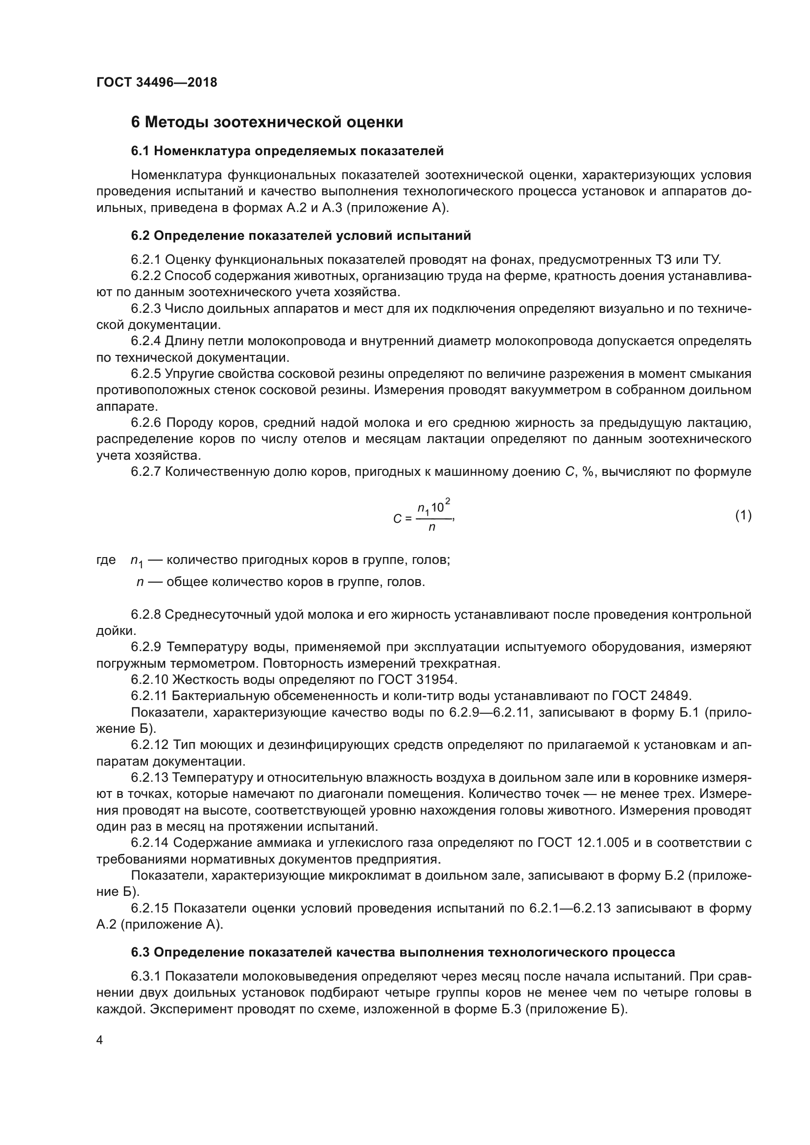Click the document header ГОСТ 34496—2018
(x=157, y=82)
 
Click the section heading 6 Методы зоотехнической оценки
(x=267, y=122)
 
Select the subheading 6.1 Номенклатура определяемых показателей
(x=287, y=151)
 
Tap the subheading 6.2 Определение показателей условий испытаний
(x=301, y=235)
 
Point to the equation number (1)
(x=743, y=515)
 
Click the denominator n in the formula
(x=432, y=527)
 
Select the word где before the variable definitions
(x=106, y=560)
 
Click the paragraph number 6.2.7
(x=145, y=472)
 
